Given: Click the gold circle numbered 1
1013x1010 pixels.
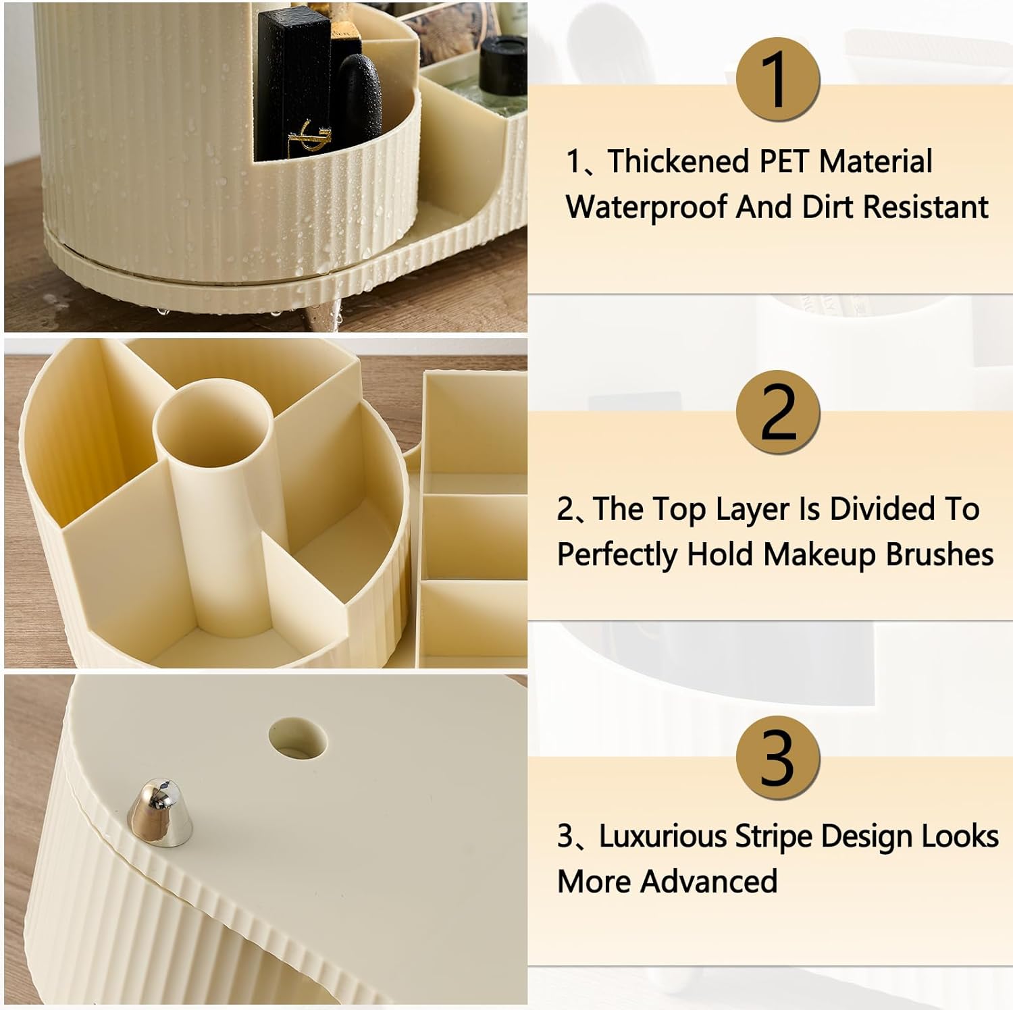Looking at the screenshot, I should point(777,80).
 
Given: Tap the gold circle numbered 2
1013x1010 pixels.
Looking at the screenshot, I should point(777,412).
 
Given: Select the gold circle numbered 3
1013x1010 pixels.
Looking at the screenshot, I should point(777,757).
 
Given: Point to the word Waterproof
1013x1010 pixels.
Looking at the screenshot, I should point(646,207).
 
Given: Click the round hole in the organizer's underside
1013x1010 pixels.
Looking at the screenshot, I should point(298,737).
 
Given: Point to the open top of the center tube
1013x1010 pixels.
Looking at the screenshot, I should point(213,423).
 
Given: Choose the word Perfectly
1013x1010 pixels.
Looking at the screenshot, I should point(617,555).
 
